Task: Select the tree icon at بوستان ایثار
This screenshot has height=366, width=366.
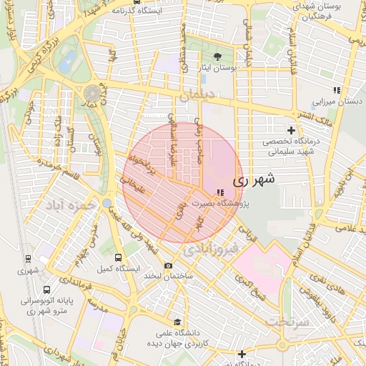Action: click(217, 56)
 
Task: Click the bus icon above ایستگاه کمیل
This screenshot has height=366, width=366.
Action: click(118, 257)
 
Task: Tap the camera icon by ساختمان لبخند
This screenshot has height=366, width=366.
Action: click(168, 265)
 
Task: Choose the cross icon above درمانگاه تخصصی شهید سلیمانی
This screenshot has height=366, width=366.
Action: click(290, 130)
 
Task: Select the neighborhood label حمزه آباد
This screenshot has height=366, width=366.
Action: click(71, 205)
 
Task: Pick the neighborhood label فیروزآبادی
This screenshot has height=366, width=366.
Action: click(207, 249)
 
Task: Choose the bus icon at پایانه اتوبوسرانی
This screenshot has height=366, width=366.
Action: click(46, 290)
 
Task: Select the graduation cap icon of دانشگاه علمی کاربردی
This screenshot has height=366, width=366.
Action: click(177, 321)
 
